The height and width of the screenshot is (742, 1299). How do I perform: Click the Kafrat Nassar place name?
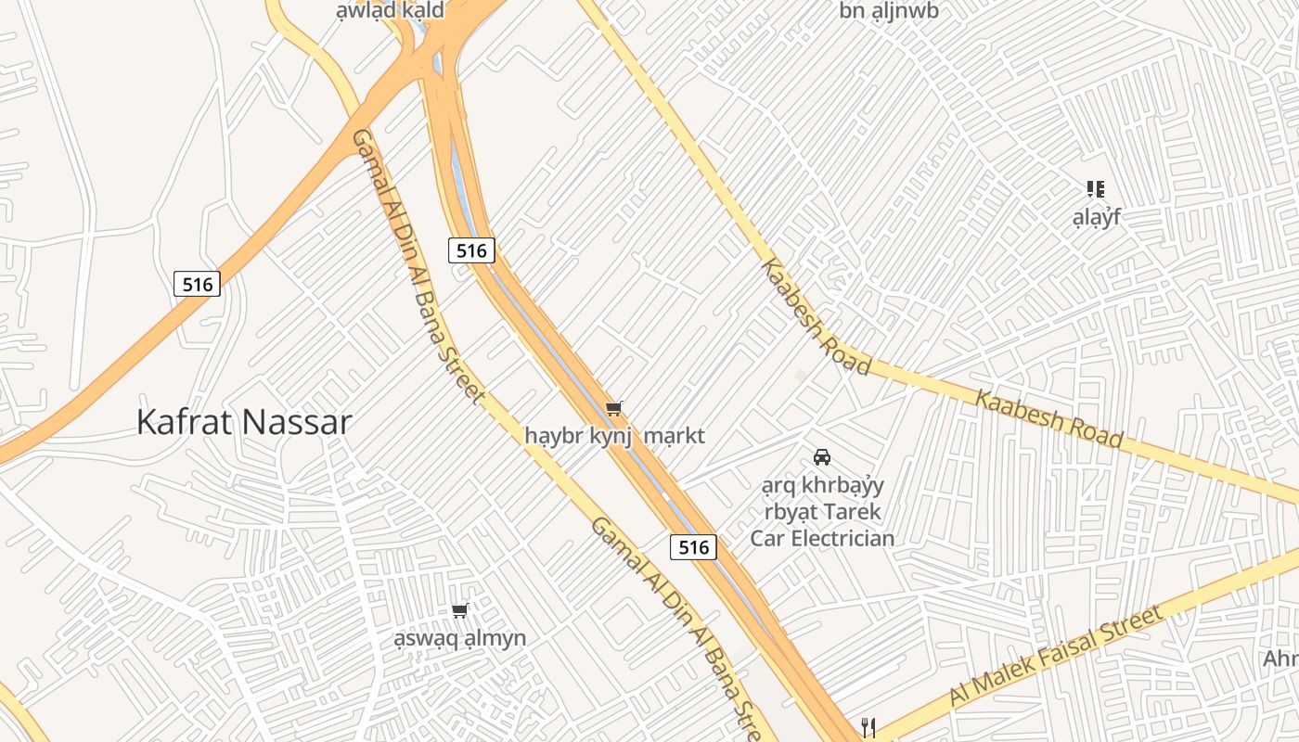tap(244, 422)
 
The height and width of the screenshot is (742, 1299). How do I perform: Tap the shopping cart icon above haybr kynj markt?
tap(613, 409)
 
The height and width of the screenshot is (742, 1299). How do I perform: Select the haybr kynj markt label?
tap(614, 436)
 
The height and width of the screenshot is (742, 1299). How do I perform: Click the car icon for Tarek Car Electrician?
tap(821, 456)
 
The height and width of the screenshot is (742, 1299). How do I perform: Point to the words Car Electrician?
tap(822, 538)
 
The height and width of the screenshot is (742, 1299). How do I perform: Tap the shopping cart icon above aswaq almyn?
tap(459, 610)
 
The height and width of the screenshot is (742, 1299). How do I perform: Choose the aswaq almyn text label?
tap(459, 638)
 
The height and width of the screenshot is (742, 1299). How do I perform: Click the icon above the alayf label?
tap(1096, 189)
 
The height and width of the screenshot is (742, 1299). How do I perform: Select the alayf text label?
tap(1097, 217)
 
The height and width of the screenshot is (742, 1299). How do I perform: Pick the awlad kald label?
tap(391, 11)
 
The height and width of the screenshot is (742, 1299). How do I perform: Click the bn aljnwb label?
tap(889, 11)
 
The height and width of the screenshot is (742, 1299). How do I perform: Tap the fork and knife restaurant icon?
tap(868, 727)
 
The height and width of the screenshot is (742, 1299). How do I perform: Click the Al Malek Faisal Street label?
tap(1055, 657)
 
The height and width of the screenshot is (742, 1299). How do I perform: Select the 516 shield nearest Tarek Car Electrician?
tap(694, 547)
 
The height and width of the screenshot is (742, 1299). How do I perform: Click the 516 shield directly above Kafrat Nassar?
tap(198, 284)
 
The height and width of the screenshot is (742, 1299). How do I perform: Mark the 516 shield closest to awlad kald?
tap(471, 250)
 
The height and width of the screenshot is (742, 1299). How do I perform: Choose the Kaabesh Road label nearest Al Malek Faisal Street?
tap(1048, 418)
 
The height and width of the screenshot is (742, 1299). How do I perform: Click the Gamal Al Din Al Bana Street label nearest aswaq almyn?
tap(674, 627)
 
